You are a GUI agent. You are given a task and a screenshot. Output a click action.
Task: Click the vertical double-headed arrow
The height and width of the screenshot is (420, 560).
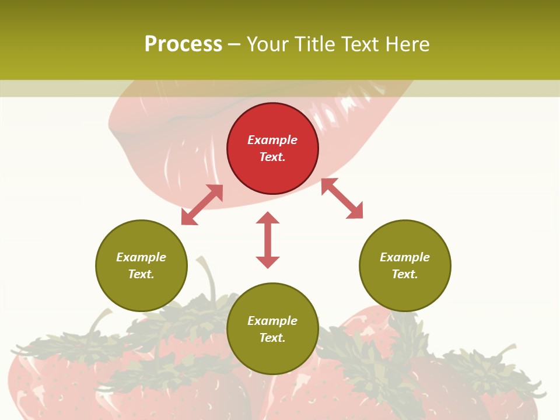[268, 240]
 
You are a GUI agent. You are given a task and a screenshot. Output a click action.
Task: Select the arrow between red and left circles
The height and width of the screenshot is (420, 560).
[202, 205]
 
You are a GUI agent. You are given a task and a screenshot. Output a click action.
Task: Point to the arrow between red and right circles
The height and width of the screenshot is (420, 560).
[342, 198]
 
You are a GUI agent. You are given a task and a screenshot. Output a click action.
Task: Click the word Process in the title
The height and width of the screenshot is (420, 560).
[183, 44]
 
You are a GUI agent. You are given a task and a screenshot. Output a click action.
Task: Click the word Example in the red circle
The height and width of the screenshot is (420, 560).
[272, 140]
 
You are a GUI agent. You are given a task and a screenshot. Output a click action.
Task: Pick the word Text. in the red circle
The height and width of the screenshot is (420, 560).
[272, 157]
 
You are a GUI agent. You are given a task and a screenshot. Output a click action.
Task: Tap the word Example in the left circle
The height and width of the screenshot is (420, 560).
[141, 257]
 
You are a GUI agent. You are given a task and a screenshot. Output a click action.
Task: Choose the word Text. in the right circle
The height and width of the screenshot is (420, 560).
[405, 274]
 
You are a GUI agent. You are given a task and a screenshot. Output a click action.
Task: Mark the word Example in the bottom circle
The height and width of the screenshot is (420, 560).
[272, 321]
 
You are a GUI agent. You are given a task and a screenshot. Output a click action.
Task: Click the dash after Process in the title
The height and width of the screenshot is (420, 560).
[234, 44]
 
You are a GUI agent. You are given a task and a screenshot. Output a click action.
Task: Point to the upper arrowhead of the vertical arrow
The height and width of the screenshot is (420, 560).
[268, 218]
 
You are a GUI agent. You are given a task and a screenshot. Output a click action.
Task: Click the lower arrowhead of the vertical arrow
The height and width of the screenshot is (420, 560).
[268, 262]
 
